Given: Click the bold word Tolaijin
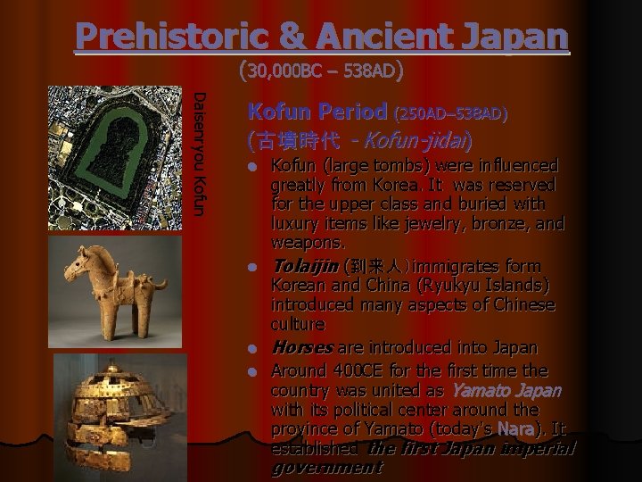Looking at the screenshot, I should pyautogui.click(x=304, y=266).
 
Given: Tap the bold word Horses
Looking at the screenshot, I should pyautogui.click(x=302, y=346).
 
